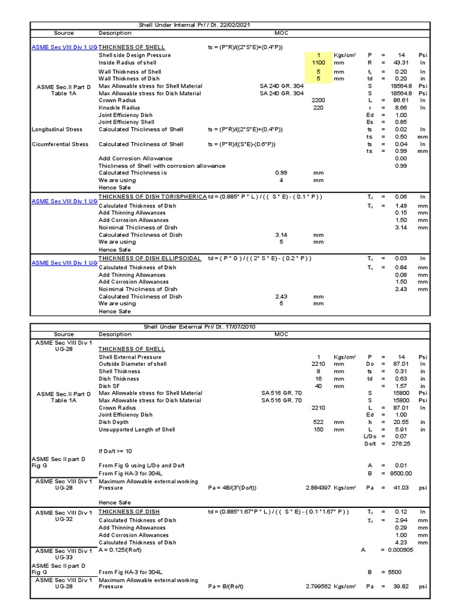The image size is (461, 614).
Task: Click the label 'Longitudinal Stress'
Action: coord(59,129)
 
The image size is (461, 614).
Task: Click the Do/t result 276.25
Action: coord(401,444)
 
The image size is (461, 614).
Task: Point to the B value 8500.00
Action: coord(402,473)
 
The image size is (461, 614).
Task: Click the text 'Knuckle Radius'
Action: coord(119,107)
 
